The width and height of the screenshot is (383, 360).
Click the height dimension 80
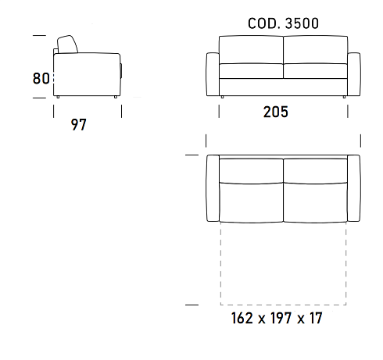[41, 78]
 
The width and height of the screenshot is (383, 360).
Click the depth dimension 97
[78, 125]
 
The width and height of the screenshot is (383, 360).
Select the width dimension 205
[276, 112]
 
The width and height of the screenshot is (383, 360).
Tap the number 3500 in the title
[302, 23]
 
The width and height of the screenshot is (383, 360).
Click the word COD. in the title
[264, 23]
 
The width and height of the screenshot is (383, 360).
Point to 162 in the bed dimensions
[242, 318]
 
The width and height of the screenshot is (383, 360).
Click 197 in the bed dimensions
[281, 318]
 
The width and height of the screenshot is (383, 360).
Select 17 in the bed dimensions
[316, 318]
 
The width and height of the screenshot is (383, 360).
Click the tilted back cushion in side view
[67, 45]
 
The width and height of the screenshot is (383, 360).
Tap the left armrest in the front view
[213, 74]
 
